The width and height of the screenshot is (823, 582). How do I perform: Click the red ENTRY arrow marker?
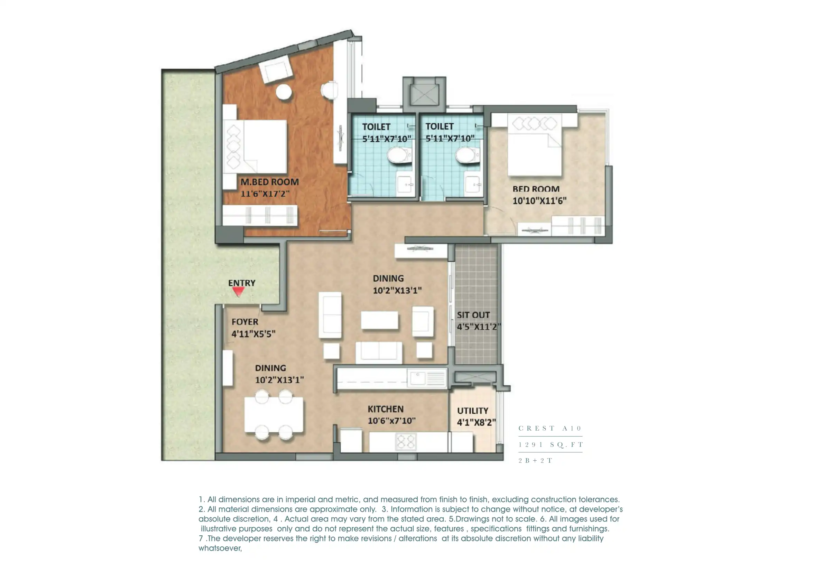[239, 292]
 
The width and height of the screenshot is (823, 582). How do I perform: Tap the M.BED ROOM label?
[269, 182]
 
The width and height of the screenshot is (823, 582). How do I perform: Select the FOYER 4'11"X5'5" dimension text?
[253, 334]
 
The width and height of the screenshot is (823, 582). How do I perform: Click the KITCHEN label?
[386, 409]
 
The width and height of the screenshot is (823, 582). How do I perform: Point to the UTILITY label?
[472, 411]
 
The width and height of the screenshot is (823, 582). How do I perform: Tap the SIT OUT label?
[473, 315]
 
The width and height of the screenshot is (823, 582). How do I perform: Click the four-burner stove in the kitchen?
[406, 442]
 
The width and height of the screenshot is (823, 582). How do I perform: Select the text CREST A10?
[550, 428]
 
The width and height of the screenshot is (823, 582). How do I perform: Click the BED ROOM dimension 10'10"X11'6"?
[539, 201]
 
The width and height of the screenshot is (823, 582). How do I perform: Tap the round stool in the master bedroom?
[284, 92]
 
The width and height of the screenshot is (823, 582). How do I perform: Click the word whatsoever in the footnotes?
[220, 548]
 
